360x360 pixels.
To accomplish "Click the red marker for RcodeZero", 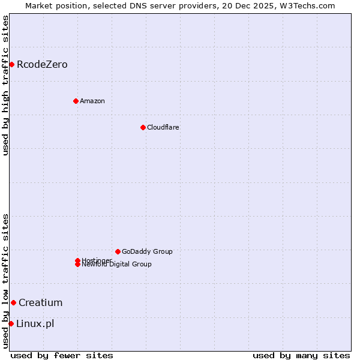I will pos(11,64).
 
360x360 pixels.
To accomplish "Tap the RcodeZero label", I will pos(42,64).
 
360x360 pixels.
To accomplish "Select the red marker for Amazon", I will pos(76,101).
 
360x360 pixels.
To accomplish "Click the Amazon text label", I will pos(92,101).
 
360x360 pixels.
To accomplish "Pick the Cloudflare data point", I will pos(143,127).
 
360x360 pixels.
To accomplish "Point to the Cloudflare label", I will pos(163,127).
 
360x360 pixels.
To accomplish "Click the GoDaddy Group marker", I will pos(118,251).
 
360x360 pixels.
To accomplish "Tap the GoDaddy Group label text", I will pos(147,251).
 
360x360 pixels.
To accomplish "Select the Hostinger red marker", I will pos(77,260).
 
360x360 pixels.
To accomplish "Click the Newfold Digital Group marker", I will pos(77,265).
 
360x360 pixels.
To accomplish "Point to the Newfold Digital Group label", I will pos(117,265).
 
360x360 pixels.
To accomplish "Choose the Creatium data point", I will pos(13,302).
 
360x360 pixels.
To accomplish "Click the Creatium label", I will pos(40,302).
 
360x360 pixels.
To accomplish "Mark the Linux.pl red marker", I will pos(11,324).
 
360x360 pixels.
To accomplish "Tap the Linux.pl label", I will pos(35,324).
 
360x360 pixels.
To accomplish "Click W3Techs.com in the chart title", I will pos(310,5).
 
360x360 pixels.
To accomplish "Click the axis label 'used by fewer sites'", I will pos(62,355).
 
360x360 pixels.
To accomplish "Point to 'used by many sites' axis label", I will pos(301,355).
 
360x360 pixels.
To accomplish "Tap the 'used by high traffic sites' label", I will pos(5,85).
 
